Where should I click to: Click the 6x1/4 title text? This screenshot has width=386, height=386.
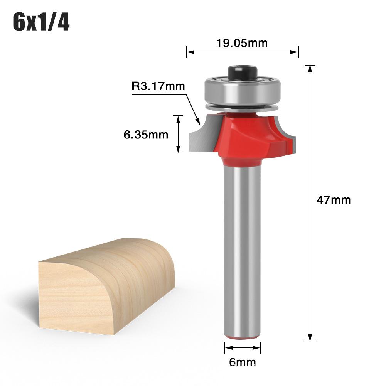click(42, 23)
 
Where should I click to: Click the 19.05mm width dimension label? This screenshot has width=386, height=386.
click(242, 43)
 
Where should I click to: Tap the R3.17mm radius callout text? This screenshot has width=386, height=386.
click(158, 86)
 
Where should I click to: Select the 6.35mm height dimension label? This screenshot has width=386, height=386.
click(146, 135)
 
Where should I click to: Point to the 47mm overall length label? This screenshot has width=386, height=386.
click(334, 200)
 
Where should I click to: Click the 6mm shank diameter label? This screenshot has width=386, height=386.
click(242, 362)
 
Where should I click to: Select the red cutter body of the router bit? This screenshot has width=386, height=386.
click(247, 139)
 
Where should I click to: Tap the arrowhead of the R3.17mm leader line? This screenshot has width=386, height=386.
click(198, 123)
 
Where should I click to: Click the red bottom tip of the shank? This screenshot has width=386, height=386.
click(242, 338)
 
